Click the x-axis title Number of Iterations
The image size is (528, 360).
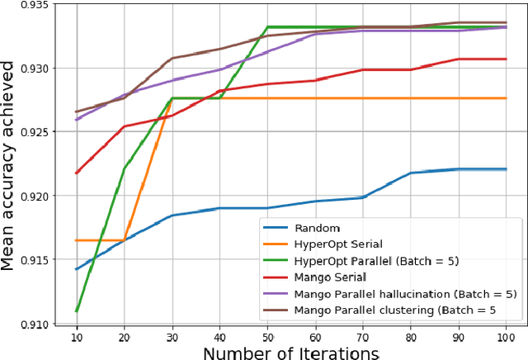[291, 352]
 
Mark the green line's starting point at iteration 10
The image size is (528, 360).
[77, 311]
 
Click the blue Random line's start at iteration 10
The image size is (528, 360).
[77, 269]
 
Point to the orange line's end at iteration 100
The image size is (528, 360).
[506, 98]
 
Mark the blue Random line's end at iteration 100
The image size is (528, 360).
[506, 169]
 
